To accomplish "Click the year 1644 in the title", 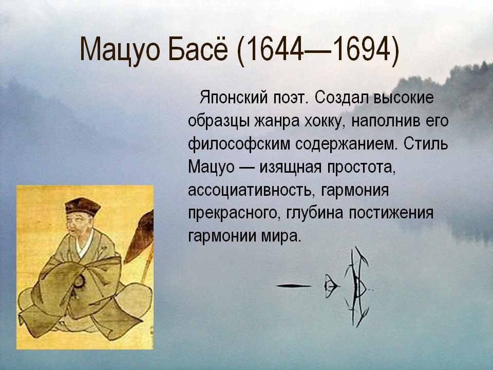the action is click(x=272, y=49).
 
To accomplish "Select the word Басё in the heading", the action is click(x=197, y=49).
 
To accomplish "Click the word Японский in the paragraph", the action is click(x=233, y=98).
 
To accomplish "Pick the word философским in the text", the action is click(x=239, y=144).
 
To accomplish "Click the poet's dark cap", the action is click(x=82, y=206).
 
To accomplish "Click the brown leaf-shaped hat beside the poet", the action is click(x=140, y=236).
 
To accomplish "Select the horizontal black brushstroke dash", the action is click(x=294, y=286).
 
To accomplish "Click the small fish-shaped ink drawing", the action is click(x=331, y=286).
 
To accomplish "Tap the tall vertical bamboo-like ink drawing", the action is click(x=357, y=286).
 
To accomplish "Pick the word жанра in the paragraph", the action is click(x=276, y=121).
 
